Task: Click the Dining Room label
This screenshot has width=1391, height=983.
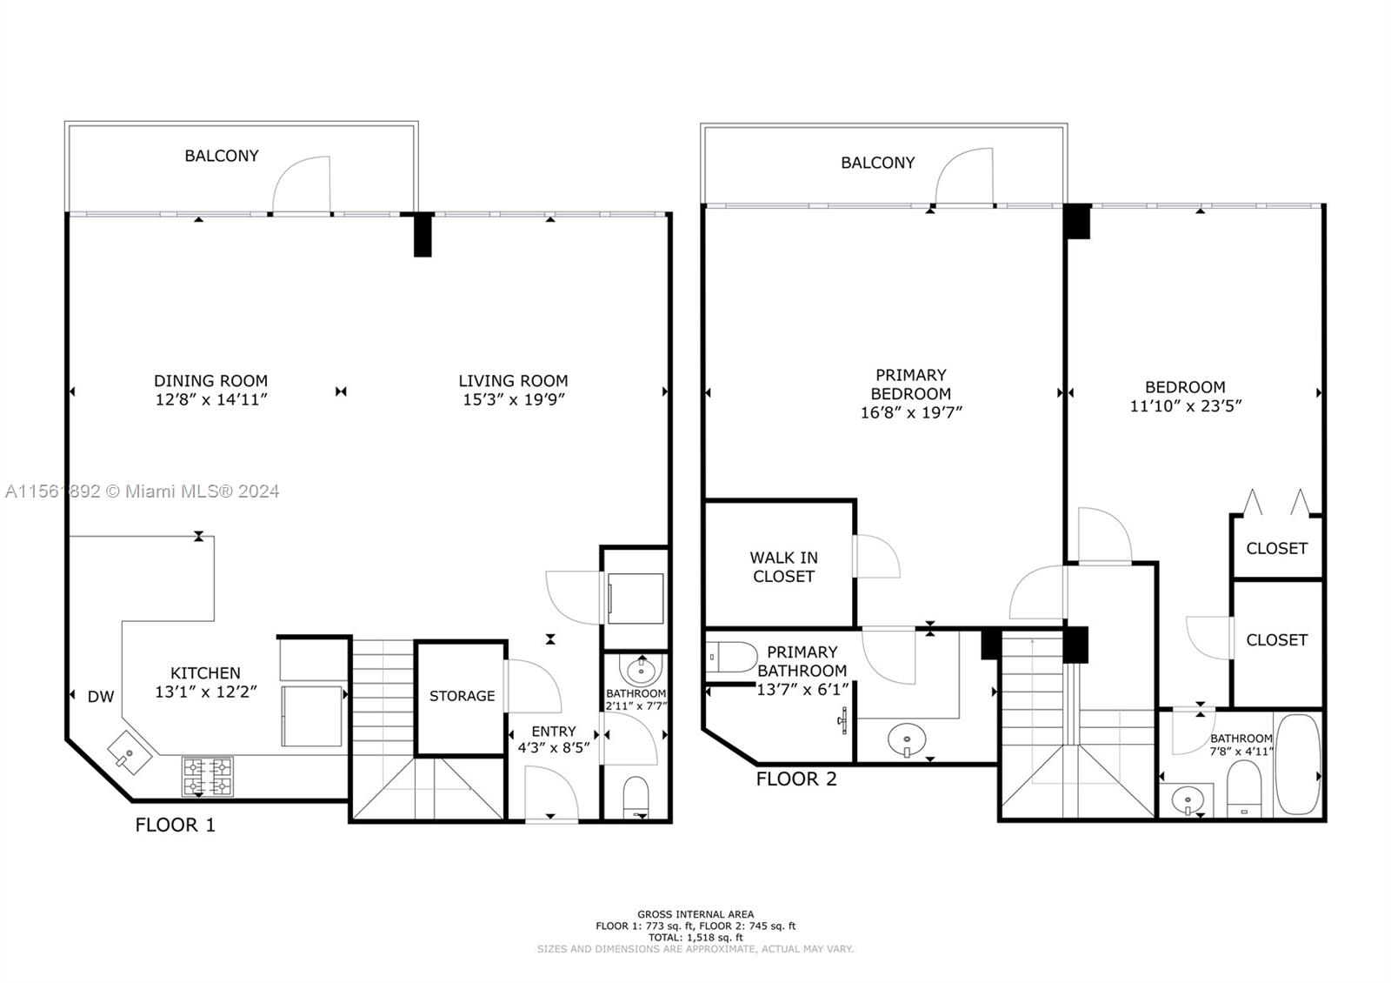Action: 210,380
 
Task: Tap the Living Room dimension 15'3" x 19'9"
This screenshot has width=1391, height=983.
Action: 514,399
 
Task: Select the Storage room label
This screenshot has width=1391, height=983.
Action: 462,696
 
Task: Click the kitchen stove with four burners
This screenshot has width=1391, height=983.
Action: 208,776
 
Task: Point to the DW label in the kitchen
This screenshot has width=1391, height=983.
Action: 101,697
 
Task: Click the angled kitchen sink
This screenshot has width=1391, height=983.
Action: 130,753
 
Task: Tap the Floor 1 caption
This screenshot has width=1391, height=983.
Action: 175,826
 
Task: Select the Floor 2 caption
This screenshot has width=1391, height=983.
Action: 796,779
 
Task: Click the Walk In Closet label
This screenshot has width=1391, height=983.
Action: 783,566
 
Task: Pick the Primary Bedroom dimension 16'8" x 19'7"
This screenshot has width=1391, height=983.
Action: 911,412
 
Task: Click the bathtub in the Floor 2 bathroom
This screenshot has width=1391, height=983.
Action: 1297,764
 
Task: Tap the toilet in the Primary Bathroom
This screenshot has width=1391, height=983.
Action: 731,658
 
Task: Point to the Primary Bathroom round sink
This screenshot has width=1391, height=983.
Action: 908,740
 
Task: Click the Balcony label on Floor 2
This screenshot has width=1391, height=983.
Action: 877,163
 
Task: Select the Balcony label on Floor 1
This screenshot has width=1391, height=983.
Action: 222,156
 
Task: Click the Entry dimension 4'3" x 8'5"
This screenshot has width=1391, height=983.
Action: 554,747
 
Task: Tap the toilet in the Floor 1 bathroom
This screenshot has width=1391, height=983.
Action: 636,798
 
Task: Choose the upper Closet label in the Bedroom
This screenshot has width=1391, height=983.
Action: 1277,549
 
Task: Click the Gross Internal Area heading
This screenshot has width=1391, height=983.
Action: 695,914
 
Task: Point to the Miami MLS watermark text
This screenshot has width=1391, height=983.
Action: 143,491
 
